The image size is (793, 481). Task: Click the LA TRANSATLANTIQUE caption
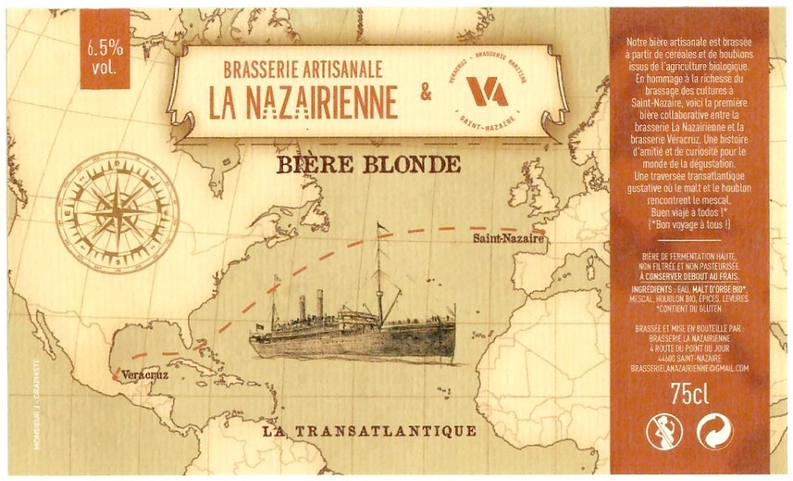click(x=369, y=431)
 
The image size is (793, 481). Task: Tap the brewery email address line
click(x=688, y=368)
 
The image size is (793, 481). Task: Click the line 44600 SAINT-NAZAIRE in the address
click(x=688, y=358)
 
